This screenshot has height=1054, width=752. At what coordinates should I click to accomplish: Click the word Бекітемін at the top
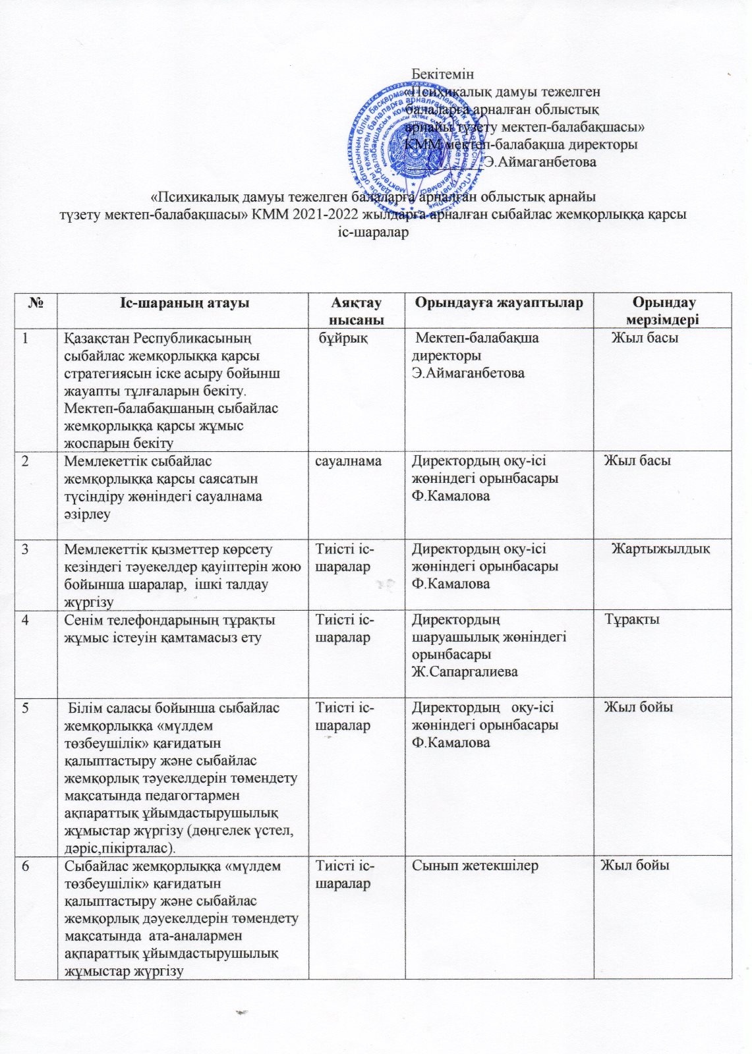point(442,74)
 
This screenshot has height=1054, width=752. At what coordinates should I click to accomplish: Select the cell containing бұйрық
point(343,338)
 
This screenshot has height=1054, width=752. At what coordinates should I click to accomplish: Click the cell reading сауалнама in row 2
point(348,461)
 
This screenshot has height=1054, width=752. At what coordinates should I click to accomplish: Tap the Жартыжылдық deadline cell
point(660,549)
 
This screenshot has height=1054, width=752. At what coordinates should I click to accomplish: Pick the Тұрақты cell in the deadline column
point(632,619)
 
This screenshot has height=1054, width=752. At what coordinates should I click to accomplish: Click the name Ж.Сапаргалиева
point(465,672)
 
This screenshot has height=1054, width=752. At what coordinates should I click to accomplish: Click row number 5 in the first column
point(25,708)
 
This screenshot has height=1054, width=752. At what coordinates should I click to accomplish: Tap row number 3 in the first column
point(25,549)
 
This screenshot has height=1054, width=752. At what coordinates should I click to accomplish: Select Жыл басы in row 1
point(645,338)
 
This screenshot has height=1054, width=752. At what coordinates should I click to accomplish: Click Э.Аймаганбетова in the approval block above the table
point(540,161)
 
